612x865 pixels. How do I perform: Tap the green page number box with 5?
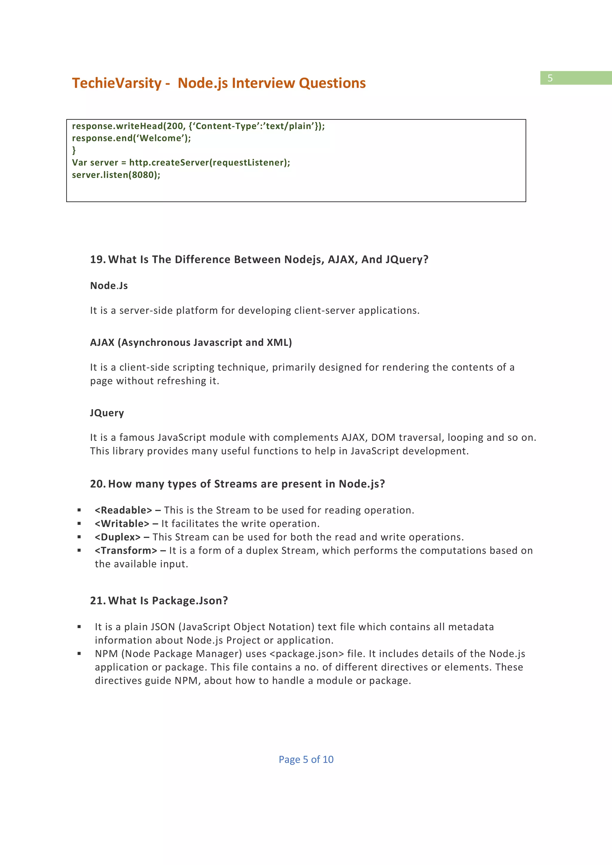click(576, 78)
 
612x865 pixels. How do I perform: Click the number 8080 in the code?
click(143, 175)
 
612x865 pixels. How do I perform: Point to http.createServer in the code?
click(169, 163)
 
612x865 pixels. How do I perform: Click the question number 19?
click(97, 260)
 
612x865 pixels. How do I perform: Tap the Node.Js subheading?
click(109, 286)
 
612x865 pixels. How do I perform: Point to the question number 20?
click(97, 484)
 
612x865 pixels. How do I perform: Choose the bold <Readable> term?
click(123, 510)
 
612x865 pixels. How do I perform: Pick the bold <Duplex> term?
click(117, 537)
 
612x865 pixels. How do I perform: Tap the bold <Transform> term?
click(126, 551)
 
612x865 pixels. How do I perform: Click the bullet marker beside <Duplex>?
click(79, 537)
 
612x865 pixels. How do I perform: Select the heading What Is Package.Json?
click(168, 601)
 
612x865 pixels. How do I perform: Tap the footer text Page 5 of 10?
click(306, 760)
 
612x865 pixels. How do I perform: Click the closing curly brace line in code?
click(74, 150)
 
